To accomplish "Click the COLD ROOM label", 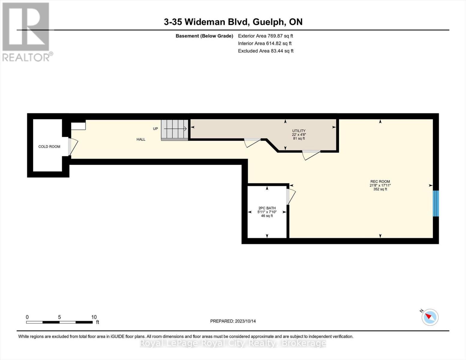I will (x=49, y=147).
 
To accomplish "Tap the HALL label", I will (x=141, y=139).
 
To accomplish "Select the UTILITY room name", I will (x=299, y=131).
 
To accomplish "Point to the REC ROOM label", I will (x=380, y=181).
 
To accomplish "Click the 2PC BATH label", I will (x=267, y=208).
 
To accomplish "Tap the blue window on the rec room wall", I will (x=436, y=203).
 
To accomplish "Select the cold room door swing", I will (x=73, y=147).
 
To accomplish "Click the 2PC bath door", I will (x=290, y=196).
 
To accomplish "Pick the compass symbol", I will (x=430, y=317).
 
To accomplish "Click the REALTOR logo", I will (x=26, y=31).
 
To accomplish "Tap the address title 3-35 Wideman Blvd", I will (x=233, y=22).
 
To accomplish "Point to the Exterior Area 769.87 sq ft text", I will (x=265, y=36).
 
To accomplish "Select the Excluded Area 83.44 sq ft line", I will (x=266, y=51).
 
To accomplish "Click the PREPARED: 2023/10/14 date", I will (x=233, y=321).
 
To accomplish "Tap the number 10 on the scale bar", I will (x=94, y=317).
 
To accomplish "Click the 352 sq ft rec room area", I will (x=380, y=189).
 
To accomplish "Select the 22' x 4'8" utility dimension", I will (x=299, y=135).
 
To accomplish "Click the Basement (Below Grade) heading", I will (x=204, y=36).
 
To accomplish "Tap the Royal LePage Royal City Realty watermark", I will (x=233, y=343).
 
